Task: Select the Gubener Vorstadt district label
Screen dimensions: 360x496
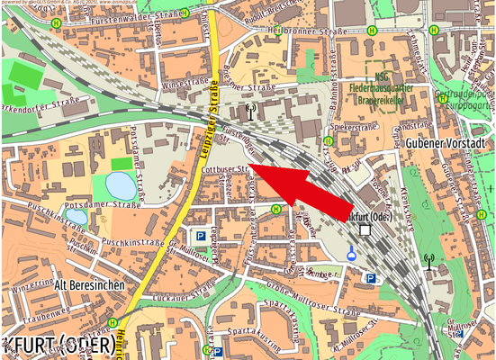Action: point(445,144)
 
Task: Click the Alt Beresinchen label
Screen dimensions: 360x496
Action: point(87,284)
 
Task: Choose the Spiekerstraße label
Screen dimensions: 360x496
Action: point(355,128)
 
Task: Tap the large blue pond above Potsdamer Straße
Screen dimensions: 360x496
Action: point(122,186)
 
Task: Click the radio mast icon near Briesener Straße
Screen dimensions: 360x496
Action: point(250,112)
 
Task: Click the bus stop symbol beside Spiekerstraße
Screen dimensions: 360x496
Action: point(327,141)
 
